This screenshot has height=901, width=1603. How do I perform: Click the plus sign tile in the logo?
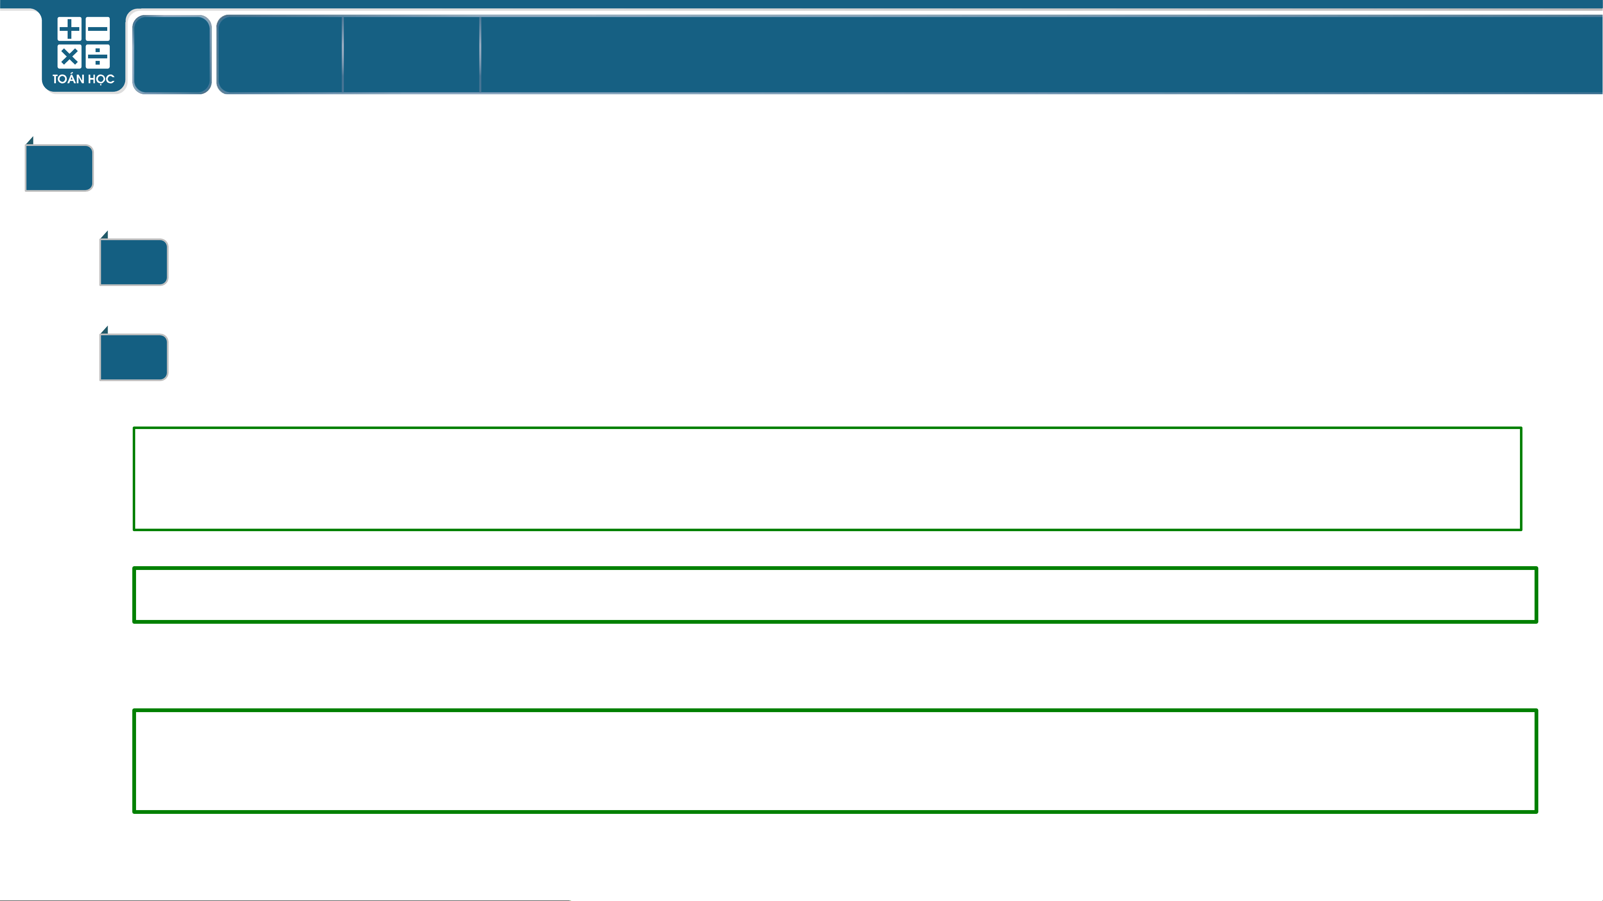[69, 29]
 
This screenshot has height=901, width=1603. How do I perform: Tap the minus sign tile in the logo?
[98, 29]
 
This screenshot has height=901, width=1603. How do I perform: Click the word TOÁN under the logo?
[68, 79]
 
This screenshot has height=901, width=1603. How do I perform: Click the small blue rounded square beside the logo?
[172, 55]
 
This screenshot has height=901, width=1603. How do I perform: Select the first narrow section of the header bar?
[279, 55]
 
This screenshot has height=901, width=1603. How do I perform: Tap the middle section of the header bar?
[411, 55]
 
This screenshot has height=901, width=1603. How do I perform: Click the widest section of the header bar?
[1041, 55]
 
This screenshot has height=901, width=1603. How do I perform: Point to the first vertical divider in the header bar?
[343, 55]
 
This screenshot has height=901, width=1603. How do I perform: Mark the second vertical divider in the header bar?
[480, 55]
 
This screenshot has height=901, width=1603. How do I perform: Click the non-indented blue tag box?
[59, 168]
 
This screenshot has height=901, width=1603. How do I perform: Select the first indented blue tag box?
[134, 262]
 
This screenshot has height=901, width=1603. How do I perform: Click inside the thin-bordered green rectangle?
[827, 479]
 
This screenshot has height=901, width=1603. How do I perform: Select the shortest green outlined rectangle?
[835, 568]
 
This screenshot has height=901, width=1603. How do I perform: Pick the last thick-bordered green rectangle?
[835, 710]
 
